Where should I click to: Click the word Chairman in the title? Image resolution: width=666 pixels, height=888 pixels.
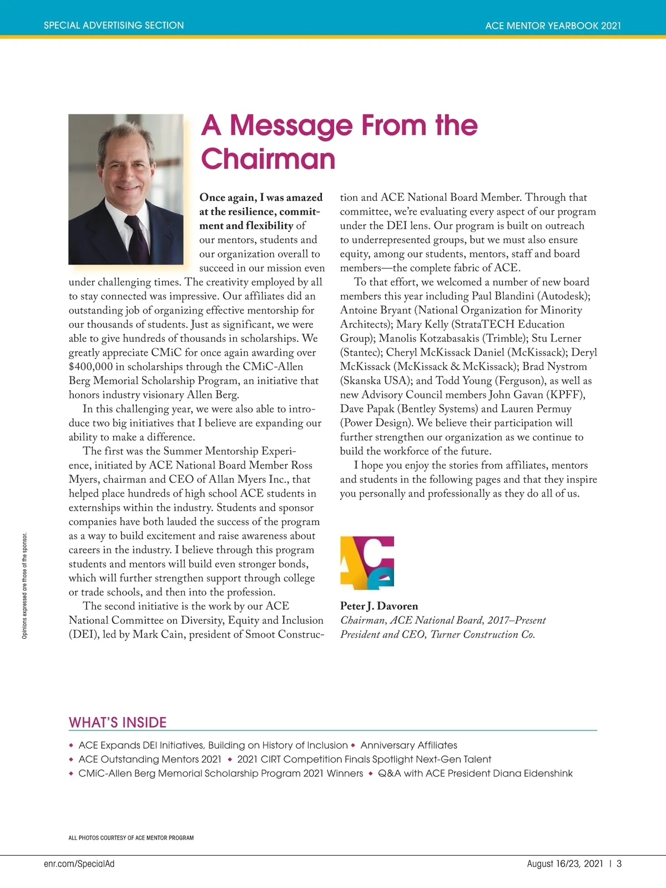(x=268, y=159)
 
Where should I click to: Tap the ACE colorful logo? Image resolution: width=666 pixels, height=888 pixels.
(x=367, y=562)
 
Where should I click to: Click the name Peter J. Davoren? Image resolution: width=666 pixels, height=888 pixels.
(x=379, y=606)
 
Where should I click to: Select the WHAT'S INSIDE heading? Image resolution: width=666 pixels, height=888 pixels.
(x=118, y=723)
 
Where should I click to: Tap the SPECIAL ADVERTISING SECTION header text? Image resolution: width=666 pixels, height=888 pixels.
(x=114, y=26)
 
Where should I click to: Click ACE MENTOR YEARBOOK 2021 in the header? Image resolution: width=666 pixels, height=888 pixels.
(x=553, y=26)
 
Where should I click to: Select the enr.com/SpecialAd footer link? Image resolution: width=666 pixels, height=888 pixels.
(x=79, y=864)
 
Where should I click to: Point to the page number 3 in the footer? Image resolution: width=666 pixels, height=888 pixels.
(x=619, y=864)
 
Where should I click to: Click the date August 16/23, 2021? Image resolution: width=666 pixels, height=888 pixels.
(x=564, y=864)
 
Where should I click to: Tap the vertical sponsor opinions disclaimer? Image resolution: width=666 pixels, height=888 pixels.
(x=24, y=586)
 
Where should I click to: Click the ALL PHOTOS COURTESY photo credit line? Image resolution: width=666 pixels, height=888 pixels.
(x=131, y=838)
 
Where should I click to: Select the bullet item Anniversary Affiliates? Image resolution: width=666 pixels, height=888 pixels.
(x=409, y=745)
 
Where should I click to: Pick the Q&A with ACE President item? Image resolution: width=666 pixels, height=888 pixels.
(x=475, y=774)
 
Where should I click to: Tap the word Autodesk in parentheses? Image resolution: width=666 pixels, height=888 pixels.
(x=563, y=296)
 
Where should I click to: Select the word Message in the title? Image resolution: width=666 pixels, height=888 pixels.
(x=291, y=125)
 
